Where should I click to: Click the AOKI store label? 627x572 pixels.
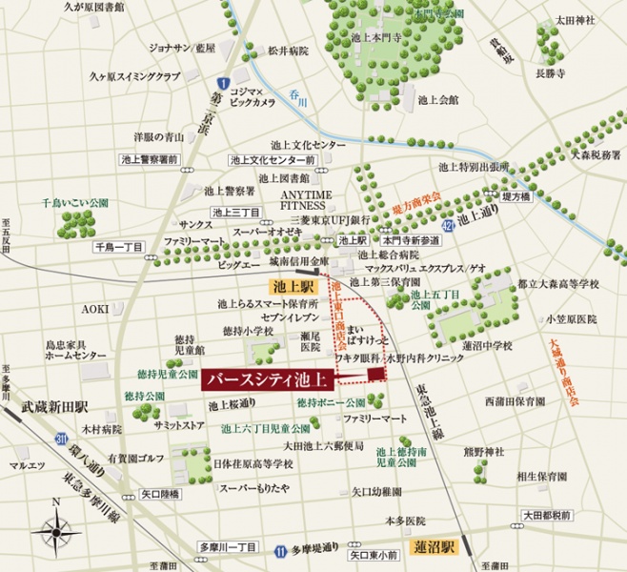point(93,309)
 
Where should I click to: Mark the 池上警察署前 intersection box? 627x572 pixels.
point(150,159)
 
